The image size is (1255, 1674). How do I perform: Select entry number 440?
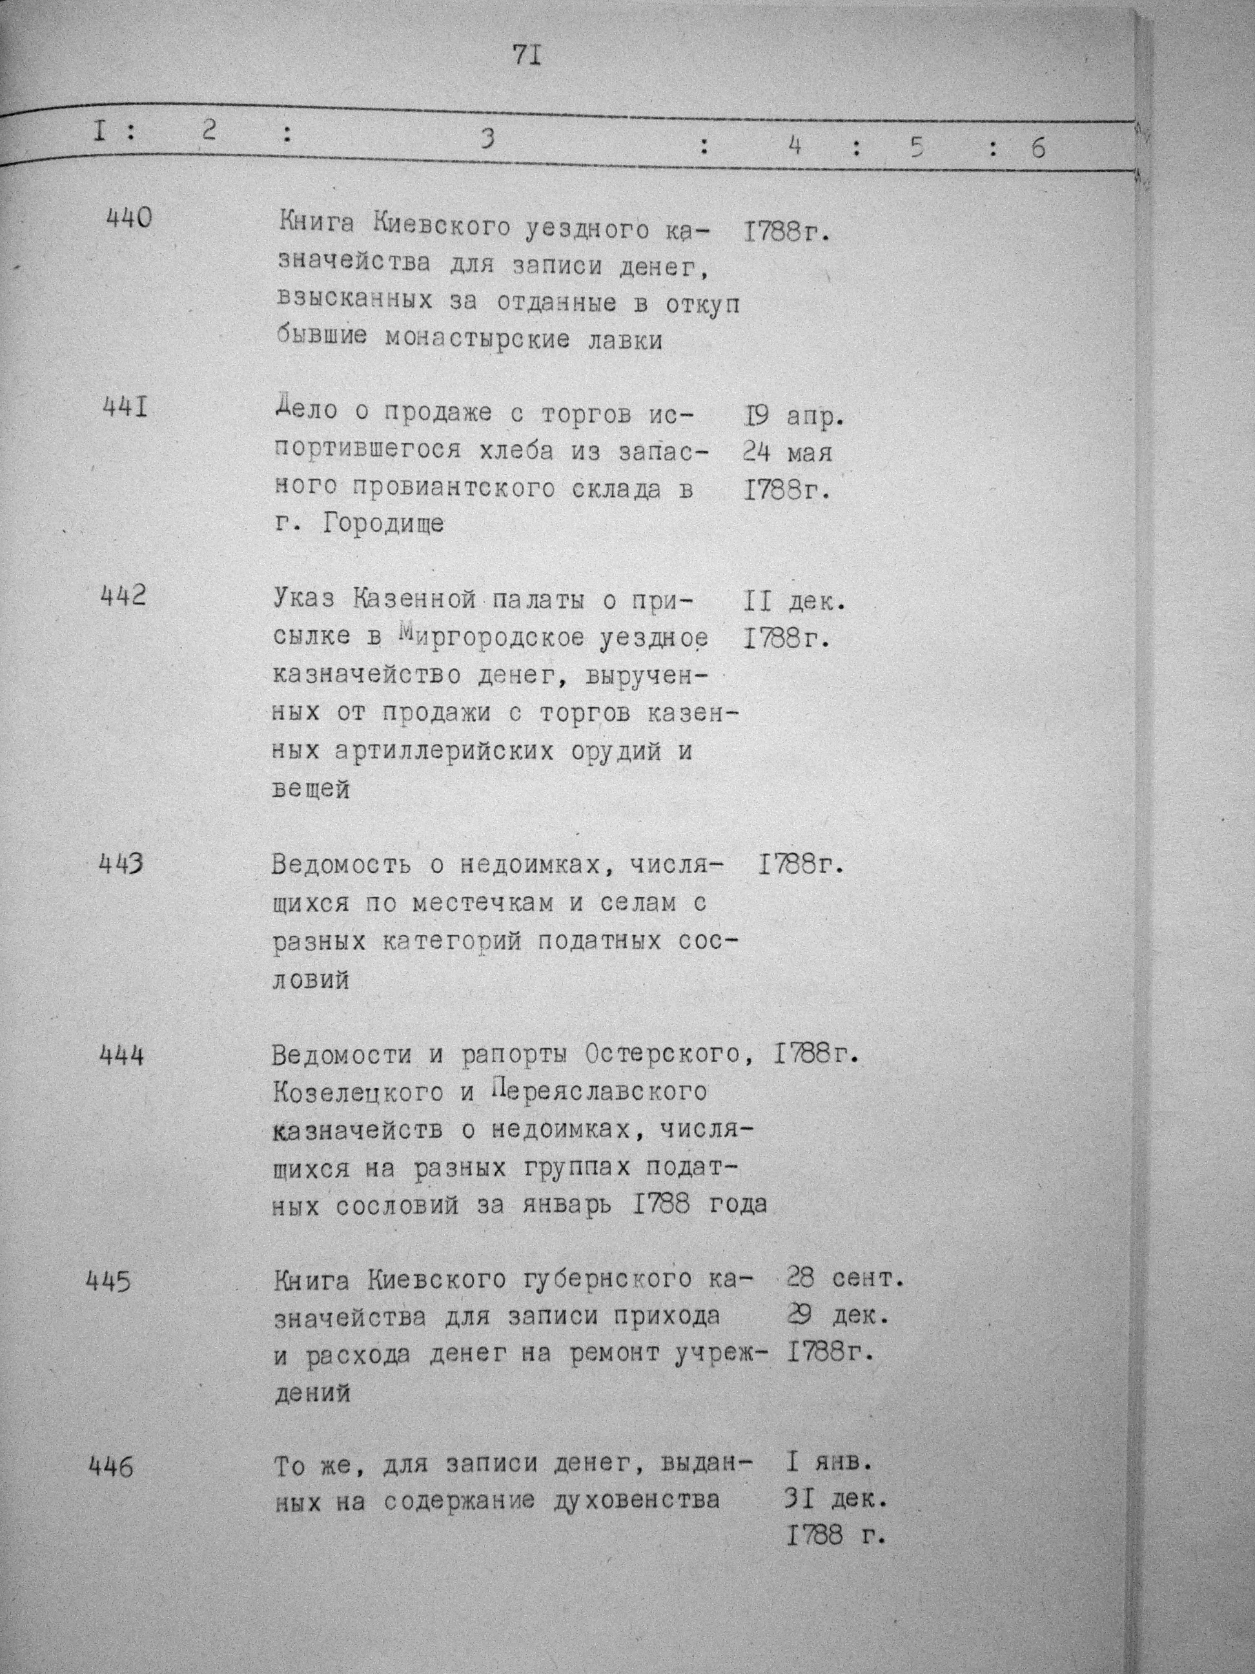point(128,219)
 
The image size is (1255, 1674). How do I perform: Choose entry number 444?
point(122,1054)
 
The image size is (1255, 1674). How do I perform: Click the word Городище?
point(383,524)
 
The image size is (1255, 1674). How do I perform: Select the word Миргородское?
point(491,637)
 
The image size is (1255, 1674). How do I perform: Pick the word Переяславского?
point(598,1092)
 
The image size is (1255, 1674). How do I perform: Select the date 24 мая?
point(787,453)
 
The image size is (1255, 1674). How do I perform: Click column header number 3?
point(488,140)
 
